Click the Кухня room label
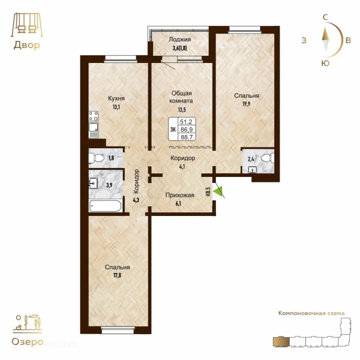point(116,98)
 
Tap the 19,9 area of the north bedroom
point(247,104)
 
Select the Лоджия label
point(180,40)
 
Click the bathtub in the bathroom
point(105,206)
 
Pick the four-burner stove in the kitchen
point(94,116)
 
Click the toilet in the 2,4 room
point(268,158)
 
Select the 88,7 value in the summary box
point(187,137)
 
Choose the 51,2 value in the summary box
point(186,122)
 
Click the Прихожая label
point(180,196)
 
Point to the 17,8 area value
point(117,275)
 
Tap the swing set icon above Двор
point(27,25)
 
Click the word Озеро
point(28,342)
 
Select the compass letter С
point(325,17)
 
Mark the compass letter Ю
point(326,63)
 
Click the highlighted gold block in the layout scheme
point(281,342)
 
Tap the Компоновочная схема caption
point(311,313)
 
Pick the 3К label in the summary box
point(173,130)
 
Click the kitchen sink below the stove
point(94,130)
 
